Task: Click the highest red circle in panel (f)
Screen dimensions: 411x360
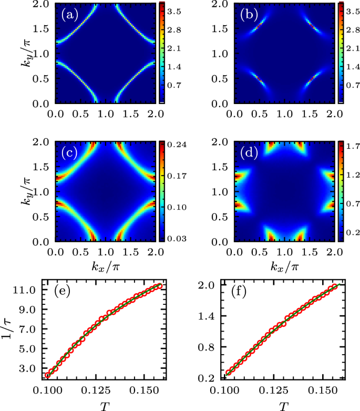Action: coord(334,286)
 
